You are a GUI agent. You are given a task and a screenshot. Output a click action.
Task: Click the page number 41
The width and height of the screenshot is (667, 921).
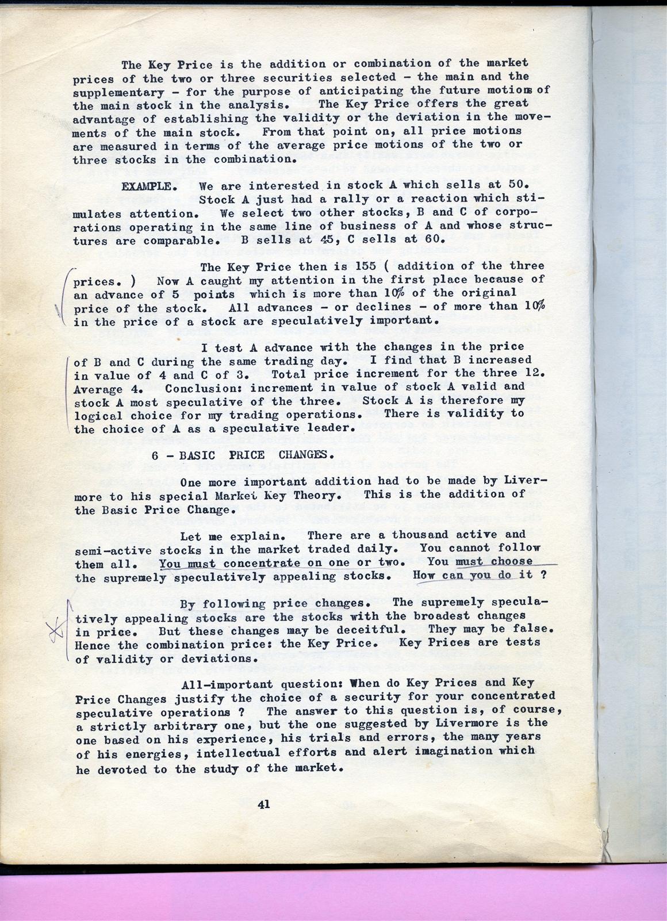[264, 805]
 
